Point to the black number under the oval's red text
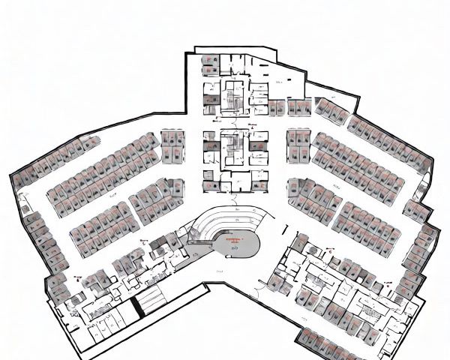tap(235, 248)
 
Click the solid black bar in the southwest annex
tap(136, 307)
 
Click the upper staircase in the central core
tap(232, 98)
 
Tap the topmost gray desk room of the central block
tap(211, 64)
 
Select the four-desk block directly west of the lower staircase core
tap(172, 147)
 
